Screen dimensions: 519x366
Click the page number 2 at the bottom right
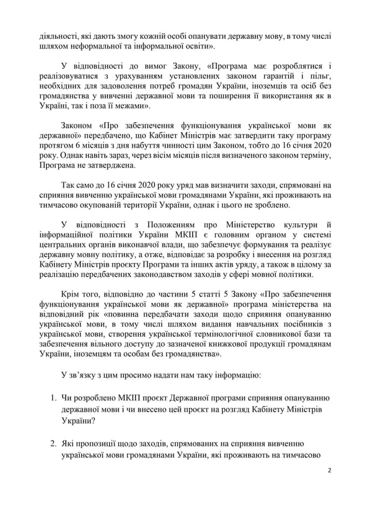329,470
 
